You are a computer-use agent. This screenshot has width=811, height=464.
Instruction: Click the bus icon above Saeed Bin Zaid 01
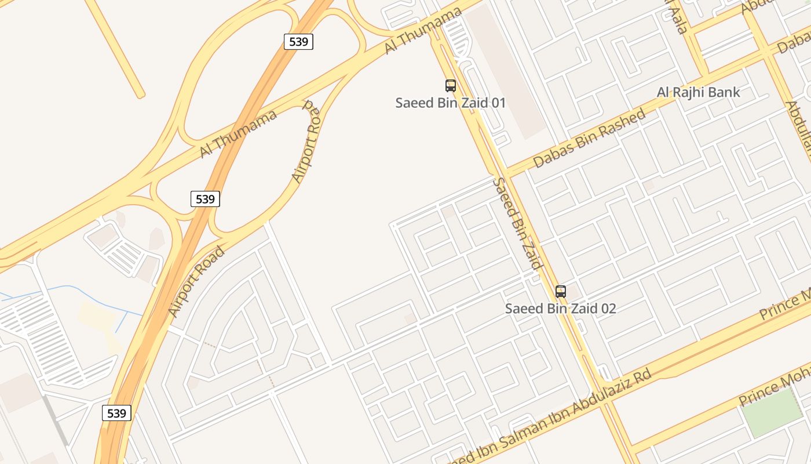pos(451,86)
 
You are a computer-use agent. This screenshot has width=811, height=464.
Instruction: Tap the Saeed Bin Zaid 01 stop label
pos(450,103)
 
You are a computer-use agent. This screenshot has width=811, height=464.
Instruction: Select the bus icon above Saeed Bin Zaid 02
pos(561,292)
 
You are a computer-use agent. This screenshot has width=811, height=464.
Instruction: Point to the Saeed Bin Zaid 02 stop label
pos(560,309)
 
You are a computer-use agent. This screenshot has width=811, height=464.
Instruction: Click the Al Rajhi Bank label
pos(698,92)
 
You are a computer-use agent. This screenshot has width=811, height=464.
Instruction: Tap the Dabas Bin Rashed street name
pos(589,138)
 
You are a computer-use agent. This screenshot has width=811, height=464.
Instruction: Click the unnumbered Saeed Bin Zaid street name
pos(517,223)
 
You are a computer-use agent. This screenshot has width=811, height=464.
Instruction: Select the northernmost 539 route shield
pos(298,42)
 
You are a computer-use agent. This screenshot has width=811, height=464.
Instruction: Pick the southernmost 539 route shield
pos(116,413)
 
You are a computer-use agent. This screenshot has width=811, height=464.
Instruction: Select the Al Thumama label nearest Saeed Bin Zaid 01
pos(423,31)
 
